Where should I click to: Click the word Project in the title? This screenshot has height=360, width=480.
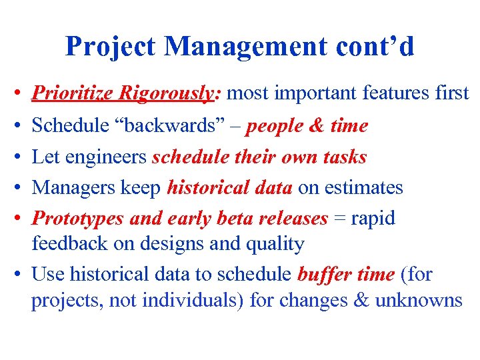click(111, 46)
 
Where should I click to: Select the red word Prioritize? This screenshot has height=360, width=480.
click(73, 93)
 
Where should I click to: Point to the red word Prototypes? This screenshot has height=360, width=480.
click(79, 219)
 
